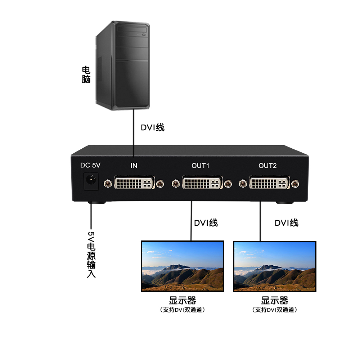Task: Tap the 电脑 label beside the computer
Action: (x=86, y=75)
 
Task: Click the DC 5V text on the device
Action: (x=90, y=166)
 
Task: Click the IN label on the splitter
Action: (x=134, y=166)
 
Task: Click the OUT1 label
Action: (x=201, y=166)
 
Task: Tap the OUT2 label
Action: (x=267, y=166)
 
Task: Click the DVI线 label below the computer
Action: (x=152, y=127)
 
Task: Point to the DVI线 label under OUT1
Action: (x=206, y=223)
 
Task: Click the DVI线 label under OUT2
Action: (x=287, y=223)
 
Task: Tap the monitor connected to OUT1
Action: (x=182, y=266)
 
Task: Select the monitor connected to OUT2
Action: (x=275, y=266)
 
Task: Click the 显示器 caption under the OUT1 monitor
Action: (x=183, y=300)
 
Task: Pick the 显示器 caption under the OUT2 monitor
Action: (x=275, y=300)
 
